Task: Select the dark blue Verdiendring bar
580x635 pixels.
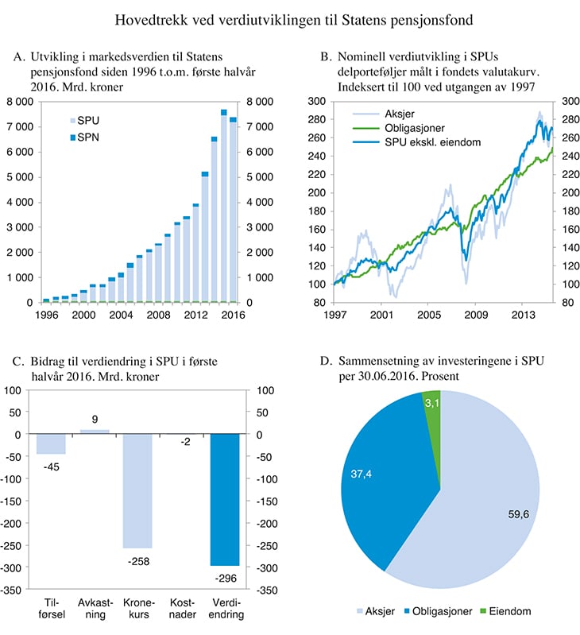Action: click(225, 499)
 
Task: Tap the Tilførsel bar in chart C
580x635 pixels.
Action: click(51, 443)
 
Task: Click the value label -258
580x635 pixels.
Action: click(137, 561)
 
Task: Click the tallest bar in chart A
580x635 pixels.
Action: click(224, 208)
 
